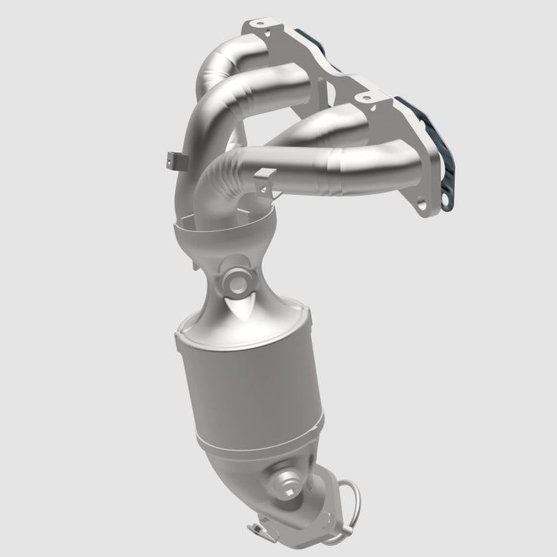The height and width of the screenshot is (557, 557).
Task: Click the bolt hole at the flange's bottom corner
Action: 422,206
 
